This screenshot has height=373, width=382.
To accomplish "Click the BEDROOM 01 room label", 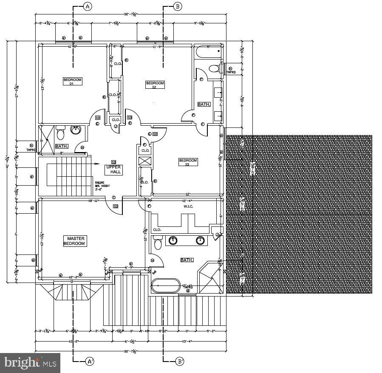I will click(72, 82).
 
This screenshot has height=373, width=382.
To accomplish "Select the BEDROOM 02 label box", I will click(155, 85).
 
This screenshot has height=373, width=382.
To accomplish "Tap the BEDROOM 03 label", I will click(188, 162).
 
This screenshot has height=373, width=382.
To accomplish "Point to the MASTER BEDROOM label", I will click(74, 241).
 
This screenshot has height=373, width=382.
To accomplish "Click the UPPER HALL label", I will click(113, 170).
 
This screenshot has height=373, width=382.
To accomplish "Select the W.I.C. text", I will click(189, 207).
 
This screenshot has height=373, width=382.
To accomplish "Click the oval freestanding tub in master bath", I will click(166, 285).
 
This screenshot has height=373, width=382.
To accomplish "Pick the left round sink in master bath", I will click(173, 240).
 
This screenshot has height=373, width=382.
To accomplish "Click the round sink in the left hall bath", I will click(76, 130).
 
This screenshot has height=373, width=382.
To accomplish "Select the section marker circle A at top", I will click(88, 6).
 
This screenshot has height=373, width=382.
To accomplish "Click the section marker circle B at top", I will click(178, 6).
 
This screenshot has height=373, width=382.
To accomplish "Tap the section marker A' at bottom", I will click(90, 362).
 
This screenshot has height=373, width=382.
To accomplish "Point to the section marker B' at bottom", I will click(180, 362).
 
